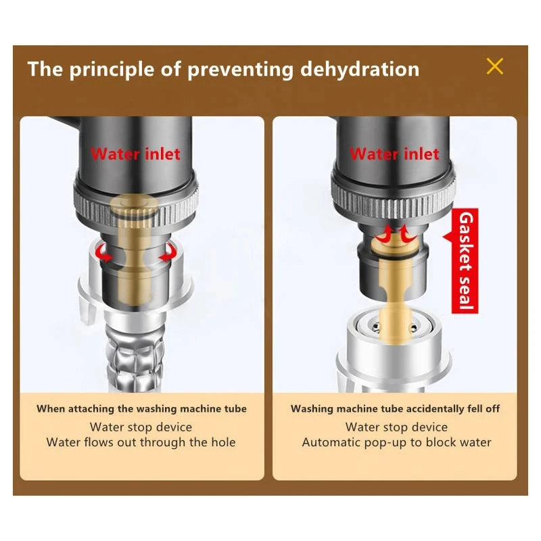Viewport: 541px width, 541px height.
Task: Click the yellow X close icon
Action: tap(495, 66)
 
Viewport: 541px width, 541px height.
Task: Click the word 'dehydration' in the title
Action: tap(360, 69)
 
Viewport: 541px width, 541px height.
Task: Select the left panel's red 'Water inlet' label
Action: tap(136, 154)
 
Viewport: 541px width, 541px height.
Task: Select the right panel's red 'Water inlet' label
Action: tap(395, 154)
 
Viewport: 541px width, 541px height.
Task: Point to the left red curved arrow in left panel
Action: tap(104, 252)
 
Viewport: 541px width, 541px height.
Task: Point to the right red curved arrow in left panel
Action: tap(168, 252)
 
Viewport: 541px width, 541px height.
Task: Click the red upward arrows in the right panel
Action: tap(396, 234)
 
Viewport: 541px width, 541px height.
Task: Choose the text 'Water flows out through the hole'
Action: tap(141, 442)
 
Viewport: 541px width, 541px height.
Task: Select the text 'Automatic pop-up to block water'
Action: tap(396, 442)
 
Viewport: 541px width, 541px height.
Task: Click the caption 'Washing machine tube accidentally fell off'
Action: tap(395, 409)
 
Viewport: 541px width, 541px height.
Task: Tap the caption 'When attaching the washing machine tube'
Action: tap(141, 409)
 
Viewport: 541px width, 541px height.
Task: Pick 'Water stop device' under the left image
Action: tap(141, 427)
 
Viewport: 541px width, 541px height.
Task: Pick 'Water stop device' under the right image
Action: tap(396, 427)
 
